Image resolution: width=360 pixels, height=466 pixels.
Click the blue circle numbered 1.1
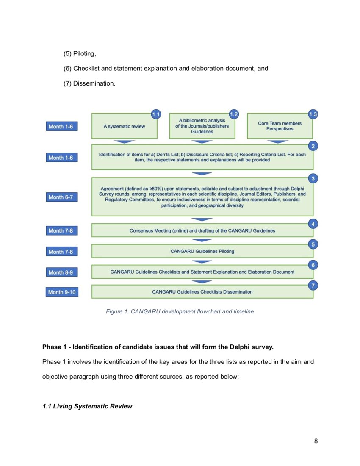click(156, 114)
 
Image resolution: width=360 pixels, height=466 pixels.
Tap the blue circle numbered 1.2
click(233, 114)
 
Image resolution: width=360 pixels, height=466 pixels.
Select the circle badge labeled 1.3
click(313, 114)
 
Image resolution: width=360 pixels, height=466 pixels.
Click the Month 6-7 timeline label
click(61, 197)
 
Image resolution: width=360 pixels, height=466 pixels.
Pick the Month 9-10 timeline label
click(62, 292)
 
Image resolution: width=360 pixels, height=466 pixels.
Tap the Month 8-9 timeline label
click(61, 272)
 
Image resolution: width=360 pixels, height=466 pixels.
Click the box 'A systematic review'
click(124, 126)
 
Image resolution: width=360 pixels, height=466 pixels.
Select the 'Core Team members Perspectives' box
click(280, 126)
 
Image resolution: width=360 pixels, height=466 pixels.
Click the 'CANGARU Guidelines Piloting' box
click(202, 251)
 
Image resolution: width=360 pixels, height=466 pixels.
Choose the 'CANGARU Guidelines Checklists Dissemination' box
click(202, 292)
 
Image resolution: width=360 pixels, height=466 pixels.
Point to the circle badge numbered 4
click(313, 224)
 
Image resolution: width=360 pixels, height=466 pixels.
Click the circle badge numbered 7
click(313, 286)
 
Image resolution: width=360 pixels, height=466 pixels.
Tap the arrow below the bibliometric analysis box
click(202, 141)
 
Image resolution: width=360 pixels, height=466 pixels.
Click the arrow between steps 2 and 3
click(202, 173)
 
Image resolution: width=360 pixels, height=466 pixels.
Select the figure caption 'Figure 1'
click(180, 311)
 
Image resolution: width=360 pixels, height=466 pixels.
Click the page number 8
click(316, 441)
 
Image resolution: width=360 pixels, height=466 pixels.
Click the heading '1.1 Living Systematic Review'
click(87, 406)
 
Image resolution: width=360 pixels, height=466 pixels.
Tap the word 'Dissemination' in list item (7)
click(94, 83)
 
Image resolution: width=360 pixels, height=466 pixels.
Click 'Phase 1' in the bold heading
click(55, 347)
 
